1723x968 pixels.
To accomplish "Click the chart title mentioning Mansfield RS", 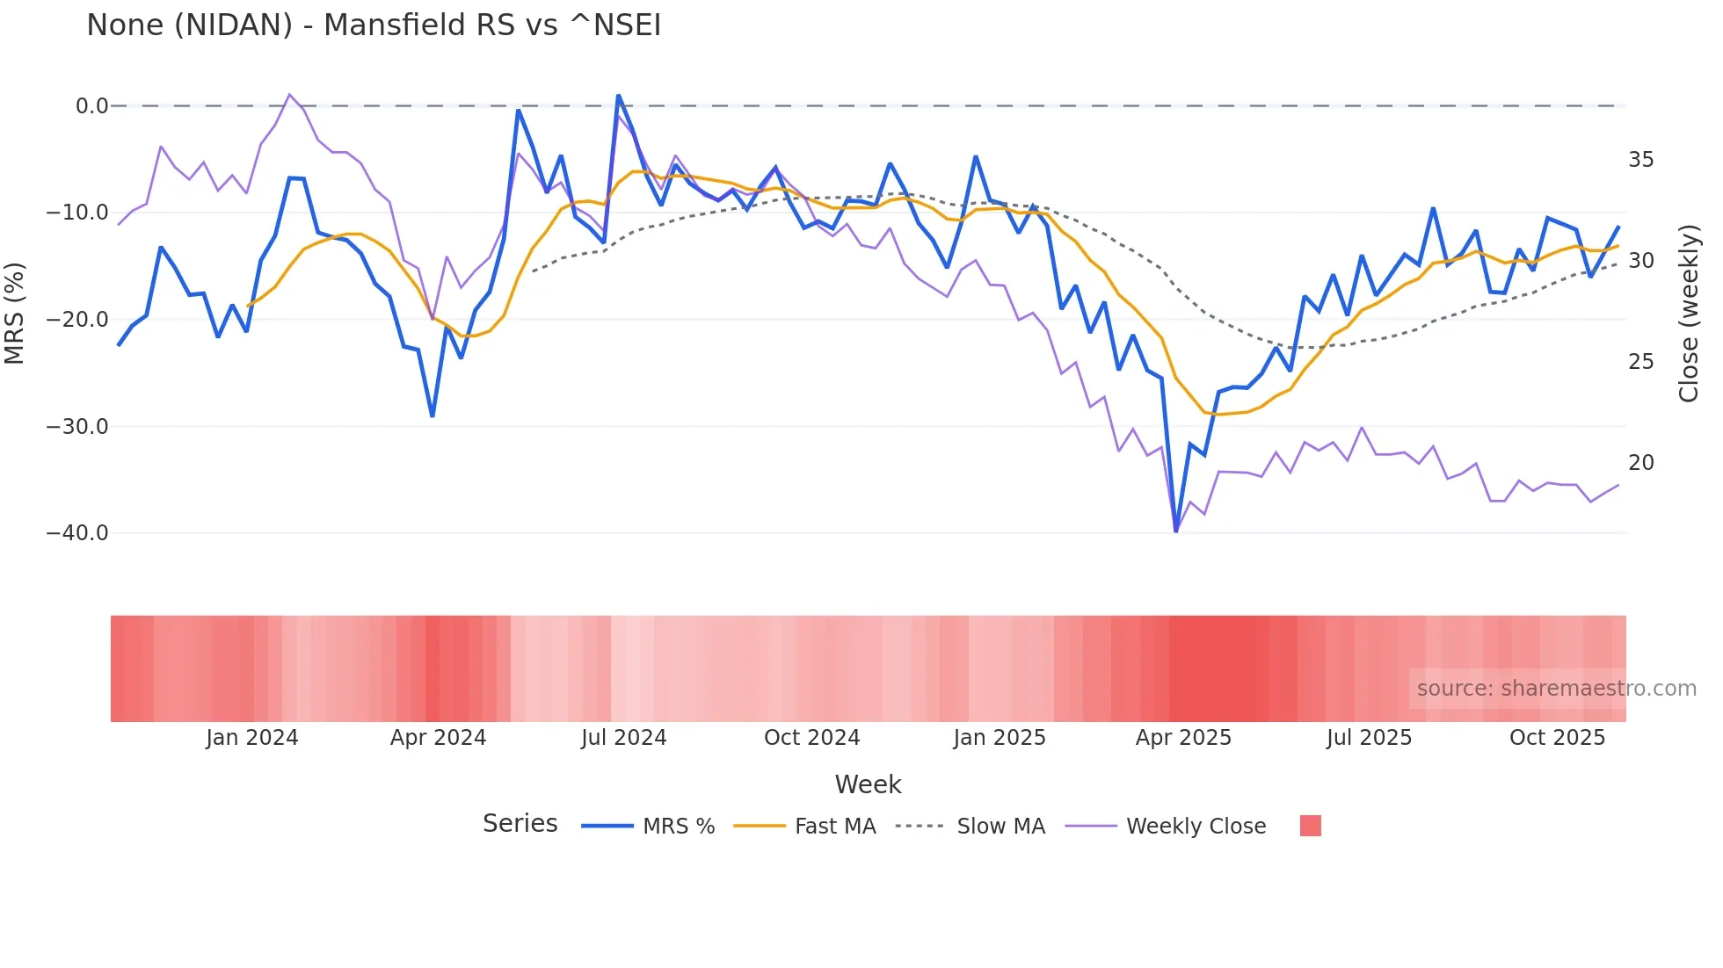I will pyautogui.click(x=374, y=25).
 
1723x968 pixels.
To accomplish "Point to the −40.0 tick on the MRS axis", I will pyautogui.click(x=77, y=533).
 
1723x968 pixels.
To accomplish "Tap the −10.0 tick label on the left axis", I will pyautogui.click(x=77, y=213).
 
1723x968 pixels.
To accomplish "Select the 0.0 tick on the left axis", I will pyautogui.click(x=91, y=106).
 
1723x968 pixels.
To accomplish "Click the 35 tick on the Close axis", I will pyautogui.click(x=1640, y=160).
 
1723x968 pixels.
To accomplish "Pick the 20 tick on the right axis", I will pyautogui.click(x=1640, y=463).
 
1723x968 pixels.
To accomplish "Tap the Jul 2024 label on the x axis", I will pyautogui.click(x=623, y=738).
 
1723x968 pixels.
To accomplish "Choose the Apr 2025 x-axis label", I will pyautogui.click(x=1183, y=738).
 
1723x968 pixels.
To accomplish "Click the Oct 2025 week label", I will pyautogui.click(x=1557, y=738).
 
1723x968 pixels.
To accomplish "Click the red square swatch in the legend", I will pyautogui.click(x=1310, y=826).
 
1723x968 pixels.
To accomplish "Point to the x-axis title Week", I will pyautogui.click(x=868, y=784).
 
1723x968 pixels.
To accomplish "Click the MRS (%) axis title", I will pyautogui.click(x=15, y=313).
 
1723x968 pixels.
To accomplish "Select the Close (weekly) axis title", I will pyautogui.click(x=1688, y=313).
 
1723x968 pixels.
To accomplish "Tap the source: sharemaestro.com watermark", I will pyautogui.click(x=1556, y=689).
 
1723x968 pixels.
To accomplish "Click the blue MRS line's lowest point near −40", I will pyautogui.click(x=1176, y=531).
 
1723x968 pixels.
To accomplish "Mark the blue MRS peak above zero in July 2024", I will pyautogui.click(x=618, y=96).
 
